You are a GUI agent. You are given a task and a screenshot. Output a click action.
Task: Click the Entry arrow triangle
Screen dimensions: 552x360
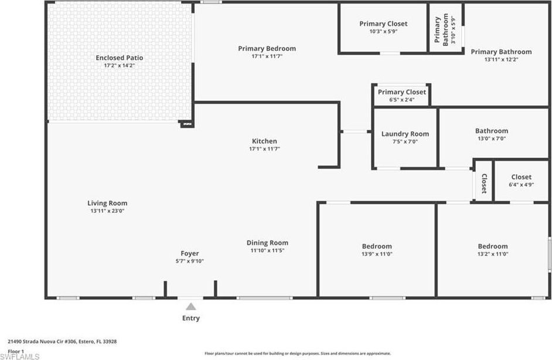pos(190,307)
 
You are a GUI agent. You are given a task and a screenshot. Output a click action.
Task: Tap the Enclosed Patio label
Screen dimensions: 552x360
pos(120,58)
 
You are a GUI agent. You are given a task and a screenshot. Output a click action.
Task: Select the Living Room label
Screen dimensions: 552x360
pos(107,203)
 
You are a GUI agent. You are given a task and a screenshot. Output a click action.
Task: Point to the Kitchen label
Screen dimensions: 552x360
pos(264,141)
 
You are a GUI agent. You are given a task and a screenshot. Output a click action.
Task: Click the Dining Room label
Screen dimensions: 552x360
pos(267,243)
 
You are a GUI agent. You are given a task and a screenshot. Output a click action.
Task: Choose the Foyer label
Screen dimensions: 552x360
pos(190,254)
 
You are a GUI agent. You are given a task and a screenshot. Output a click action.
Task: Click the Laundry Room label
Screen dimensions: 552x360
pos(405,134)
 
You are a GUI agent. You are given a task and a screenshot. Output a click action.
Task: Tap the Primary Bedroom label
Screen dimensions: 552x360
pos(267,49)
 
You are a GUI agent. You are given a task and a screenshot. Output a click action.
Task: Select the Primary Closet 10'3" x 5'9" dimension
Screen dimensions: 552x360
pos(383,32)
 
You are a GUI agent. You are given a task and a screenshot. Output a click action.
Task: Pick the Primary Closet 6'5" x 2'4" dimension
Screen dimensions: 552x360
pos(401,100)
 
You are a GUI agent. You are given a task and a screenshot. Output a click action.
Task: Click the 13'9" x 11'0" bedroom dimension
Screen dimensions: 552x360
pos(377,254)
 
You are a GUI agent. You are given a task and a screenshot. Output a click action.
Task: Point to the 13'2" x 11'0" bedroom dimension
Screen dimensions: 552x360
pos(493,254)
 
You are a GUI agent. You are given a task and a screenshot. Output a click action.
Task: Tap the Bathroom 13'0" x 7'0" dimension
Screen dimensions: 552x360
pos(492,139)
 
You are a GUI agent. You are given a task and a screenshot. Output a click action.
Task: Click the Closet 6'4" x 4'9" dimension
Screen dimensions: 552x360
pos(521,185)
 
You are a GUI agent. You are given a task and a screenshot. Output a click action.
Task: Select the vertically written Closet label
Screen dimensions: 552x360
pos(484,184)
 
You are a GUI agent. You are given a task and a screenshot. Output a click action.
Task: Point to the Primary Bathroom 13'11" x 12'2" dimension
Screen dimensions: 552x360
pos(501,60)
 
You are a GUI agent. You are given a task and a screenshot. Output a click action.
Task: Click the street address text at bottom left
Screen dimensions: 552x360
pos(62,341)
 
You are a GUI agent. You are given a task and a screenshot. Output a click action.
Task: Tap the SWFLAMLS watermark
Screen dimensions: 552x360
pos(21,356)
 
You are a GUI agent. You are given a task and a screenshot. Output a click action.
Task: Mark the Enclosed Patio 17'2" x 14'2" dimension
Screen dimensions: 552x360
pos(120,66)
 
